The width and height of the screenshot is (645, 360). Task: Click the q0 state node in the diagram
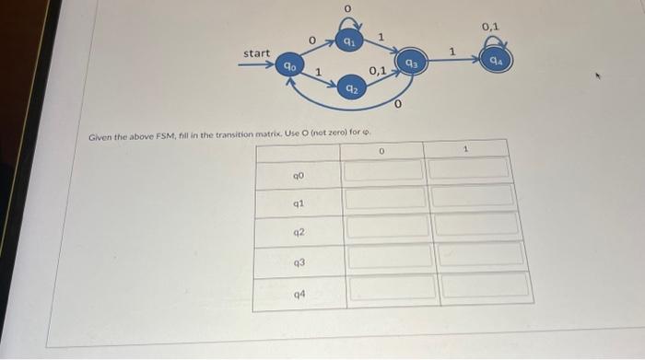click(290, 65)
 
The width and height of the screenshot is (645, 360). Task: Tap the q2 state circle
click(350, 88)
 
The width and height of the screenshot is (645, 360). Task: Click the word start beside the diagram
click(256, 53)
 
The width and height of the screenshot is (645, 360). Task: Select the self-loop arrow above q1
click(347, 21)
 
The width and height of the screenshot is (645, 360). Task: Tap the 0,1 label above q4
click(490, 27)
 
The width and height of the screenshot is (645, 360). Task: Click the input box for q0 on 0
click(384, 170)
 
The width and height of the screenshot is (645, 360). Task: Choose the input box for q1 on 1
click(472, 195)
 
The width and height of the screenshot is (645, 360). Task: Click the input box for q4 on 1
click(485, 285)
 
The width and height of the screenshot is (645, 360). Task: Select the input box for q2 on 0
click(385, 226)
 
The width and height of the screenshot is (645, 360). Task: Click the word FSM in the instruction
click(145, 135)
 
